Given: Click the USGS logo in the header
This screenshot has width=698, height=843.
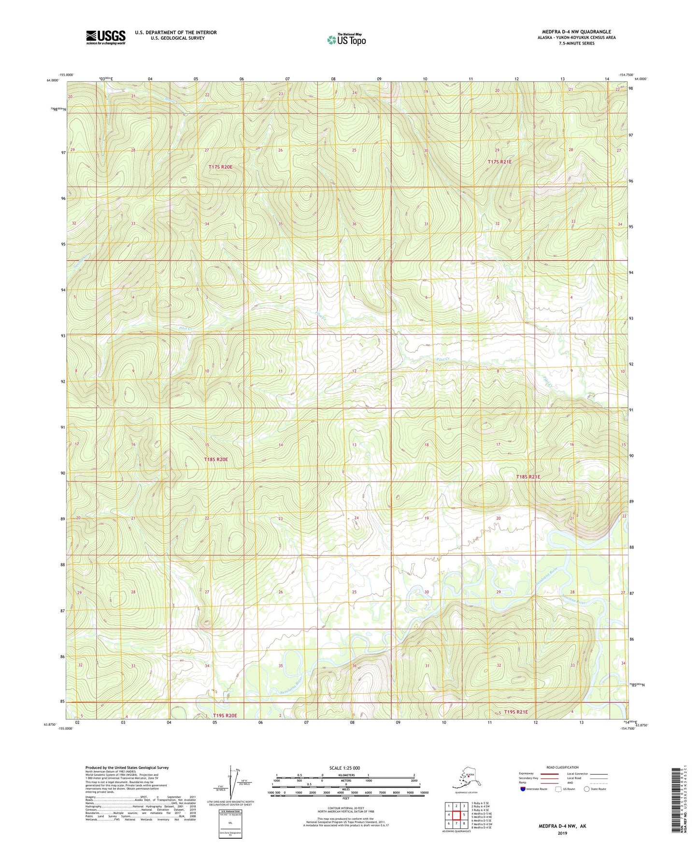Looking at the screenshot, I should click(106, 37).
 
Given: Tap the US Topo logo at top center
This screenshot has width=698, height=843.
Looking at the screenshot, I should click(346, 40).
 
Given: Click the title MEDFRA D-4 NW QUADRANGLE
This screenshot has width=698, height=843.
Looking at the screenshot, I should click(576, 32).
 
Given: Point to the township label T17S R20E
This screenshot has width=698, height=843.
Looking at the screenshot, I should click(220, 167).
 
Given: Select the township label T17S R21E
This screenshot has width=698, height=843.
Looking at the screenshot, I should click(499, 162).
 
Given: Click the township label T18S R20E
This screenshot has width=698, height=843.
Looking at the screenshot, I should click(216, 460).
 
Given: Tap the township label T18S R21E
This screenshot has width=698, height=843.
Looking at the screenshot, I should click(528, 477).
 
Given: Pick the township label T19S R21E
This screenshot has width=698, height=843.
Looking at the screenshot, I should click(516, 712).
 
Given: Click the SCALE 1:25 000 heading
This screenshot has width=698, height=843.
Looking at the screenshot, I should click(345, 768).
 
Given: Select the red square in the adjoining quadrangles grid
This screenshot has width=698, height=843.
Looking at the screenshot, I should click(456, 815).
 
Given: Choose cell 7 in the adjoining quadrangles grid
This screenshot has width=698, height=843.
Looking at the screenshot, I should click(456, 824).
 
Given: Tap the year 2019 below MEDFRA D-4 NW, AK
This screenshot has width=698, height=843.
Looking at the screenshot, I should click(562, 833).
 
